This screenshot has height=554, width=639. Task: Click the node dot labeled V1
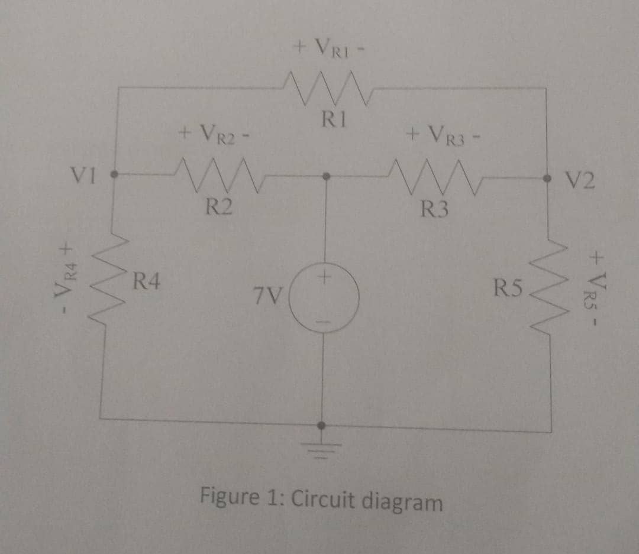click(x=115, y=175)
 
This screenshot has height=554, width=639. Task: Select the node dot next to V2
click(x=548, y=177)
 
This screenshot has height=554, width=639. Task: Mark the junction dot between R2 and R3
click(x=324, y=176)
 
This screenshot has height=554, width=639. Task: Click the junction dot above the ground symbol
click(x=322, y=425)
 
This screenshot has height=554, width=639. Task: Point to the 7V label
click(x=268, y=294)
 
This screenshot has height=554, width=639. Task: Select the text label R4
click(x=146, y=278)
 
